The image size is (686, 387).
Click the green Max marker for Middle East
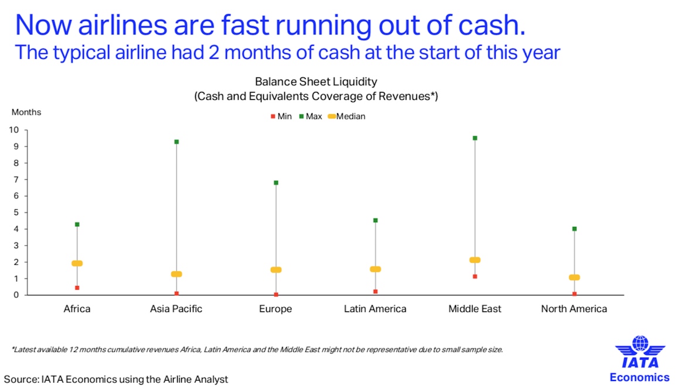[475, 138]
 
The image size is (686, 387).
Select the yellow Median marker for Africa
[77, 263]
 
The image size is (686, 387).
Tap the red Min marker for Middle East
[475, 276]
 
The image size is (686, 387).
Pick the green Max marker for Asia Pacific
[176, 142]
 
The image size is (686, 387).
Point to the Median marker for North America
[574, 277]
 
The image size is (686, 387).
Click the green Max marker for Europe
[276, 183]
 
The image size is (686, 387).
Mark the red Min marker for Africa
[77, 288]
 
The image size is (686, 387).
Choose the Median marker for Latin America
[375, 269]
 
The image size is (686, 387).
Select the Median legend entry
[347, 116]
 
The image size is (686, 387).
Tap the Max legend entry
[311, 116]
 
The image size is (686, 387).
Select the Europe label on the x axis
[276, 309]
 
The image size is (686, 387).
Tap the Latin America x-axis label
[375, 309]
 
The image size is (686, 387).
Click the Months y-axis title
[26, 113]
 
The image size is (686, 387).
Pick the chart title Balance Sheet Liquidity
[316, 82]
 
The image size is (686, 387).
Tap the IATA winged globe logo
[640, 352]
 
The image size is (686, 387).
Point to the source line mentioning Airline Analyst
[116, 379]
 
